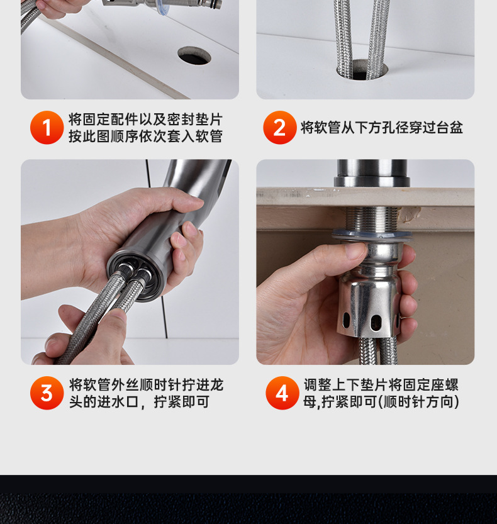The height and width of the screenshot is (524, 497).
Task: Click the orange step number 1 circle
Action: [47, 128]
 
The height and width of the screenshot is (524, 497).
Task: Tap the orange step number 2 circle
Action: [280, 128]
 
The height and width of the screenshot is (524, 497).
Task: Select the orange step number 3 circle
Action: [47, 393]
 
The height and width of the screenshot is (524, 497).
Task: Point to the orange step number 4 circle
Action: [282, 393]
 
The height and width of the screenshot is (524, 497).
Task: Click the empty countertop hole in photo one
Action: [194, 55]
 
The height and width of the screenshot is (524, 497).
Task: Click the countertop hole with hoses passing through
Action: [362, 70]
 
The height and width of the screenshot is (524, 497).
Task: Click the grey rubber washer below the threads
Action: [372, 234]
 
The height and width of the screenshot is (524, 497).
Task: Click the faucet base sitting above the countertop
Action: [372, 173]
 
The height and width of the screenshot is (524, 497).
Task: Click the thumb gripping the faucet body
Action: [174, 201]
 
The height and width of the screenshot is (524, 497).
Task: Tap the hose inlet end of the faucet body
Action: [135, 276]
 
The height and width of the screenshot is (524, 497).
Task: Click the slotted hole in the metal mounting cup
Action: [376, 323]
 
